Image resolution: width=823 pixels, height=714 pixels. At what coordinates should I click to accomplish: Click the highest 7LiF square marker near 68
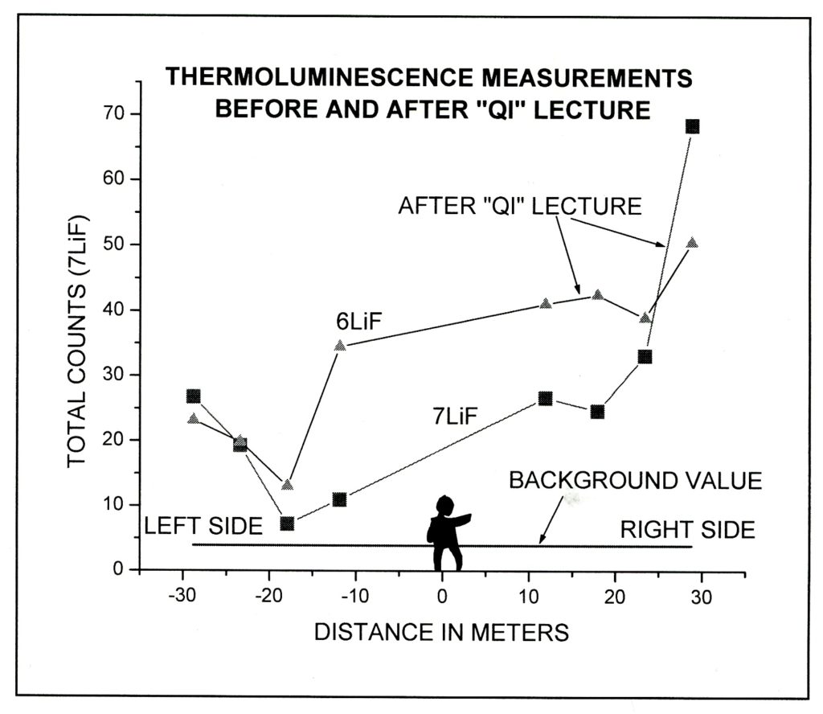pyautogui.click(x=692, y=126)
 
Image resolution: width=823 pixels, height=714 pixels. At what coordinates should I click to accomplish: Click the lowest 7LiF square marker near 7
pyautogui.click(x=287, y=523)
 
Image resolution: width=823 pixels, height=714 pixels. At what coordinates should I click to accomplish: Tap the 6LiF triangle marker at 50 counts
pyautogui.click(x=692, y=242)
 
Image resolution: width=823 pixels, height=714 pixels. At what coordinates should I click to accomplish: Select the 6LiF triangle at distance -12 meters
pyautogui.click(x=340, y=345)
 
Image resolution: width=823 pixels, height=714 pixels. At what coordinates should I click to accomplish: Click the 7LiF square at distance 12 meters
pyautogui.click(x=545, y=398)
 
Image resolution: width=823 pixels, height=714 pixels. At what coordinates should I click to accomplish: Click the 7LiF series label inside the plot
pyautogui.click(x=453, y=416)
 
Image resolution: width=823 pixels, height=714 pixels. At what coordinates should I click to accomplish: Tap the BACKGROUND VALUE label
pyautogui.click(x=635, y=481)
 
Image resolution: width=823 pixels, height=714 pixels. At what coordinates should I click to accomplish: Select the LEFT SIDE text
pyautogui.click(x=203, y=527)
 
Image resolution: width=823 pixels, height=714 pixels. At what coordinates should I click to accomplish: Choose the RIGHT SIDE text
pyautogui.click(x=687, y=530)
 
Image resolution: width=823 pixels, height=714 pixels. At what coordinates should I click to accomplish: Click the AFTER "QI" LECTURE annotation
pyautogui.click(x=520, y=207)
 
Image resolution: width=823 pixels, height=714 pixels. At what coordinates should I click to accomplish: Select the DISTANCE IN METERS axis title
pyautogui.click(x=441, y=632)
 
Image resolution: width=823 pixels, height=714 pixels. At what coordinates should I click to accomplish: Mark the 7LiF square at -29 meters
pyautogui.click(x=193, y=396)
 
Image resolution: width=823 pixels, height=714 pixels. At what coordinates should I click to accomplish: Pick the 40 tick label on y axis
pyautogui.click(x=113, y=310)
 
